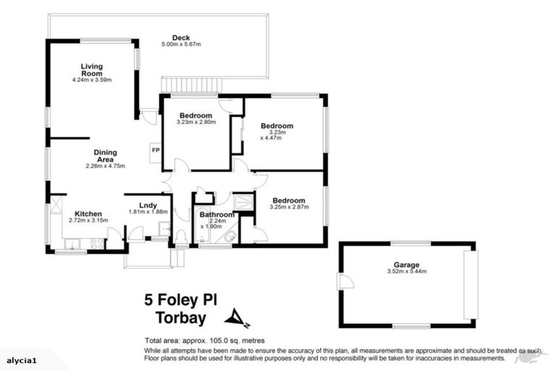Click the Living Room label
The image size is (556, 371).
click(x=91, y=70)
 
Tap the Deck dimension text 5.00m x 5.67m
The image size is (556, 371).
click(x=180, y=45)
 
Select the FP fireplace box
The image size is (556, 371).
click(x=155, y=150)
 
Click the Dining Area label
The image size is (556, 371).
click(x=105, y=156)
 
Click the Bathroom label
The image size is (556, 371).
click(x=217, y=214)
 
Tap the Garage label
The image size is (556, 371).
click(x=408, y=265)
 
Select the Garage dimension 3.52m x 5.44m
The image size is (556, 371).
click(x=408, y=272)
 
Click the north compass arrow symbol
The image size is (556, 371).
click(x=235, y=317)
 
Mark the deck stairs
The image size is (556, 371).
click(x=190, y=86)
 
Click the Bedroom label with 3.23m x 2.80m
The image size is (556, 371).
click(x=195, y=116)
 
